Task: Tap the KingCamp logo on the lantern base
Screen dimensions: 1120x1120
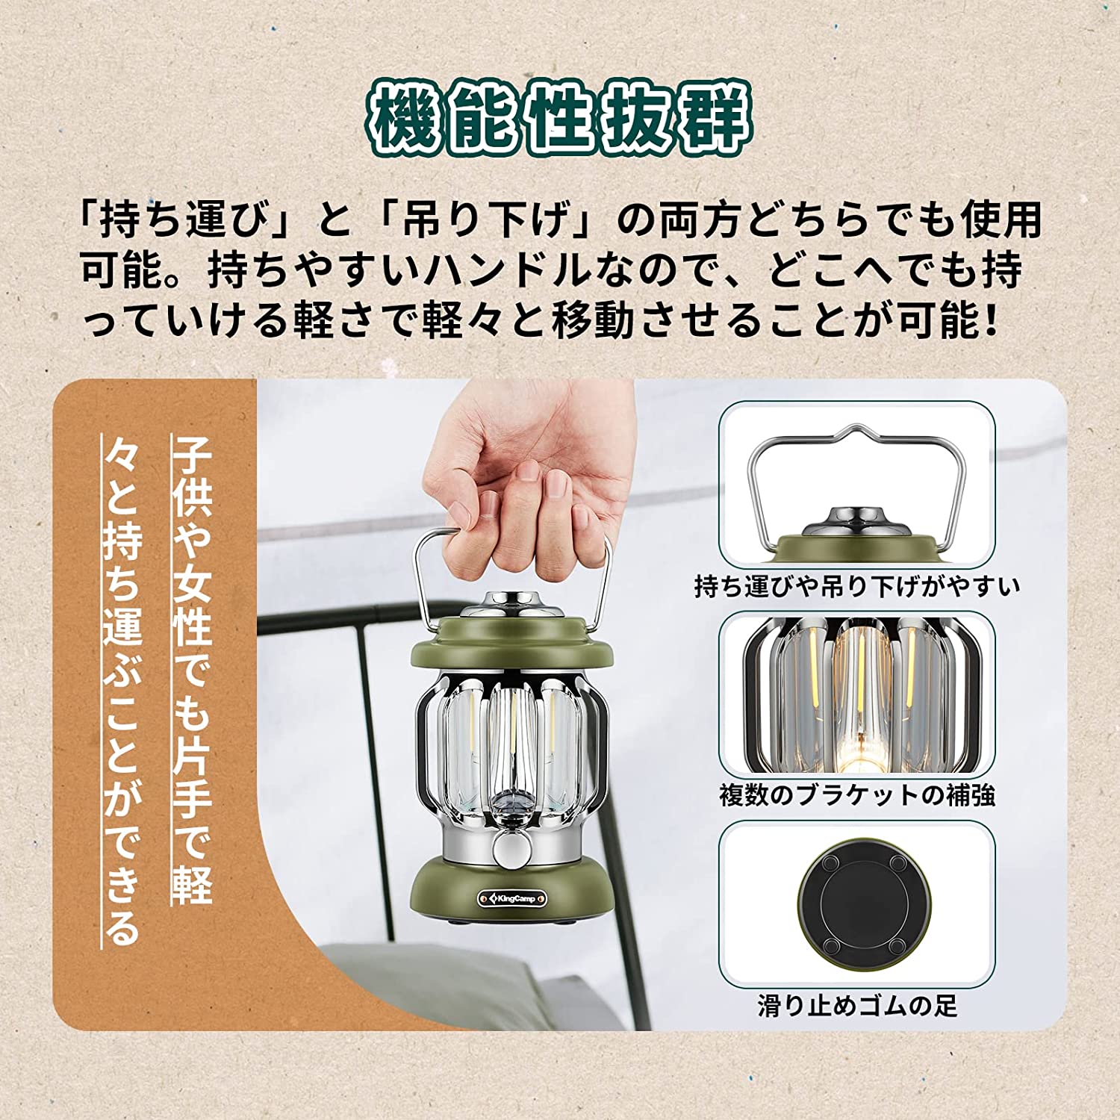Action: pos(512,898)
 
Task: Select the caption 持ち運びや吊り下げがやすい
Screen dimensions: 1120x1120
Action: pos(856,586)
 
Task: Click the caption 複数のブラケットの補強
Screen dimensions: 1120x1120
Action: pos(856,794)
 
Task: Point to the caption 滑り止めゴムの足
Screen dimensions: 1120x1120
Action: pos(856,1005)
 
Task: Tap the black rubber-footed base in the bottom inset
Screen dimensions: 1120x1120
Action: pos(859,904)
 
